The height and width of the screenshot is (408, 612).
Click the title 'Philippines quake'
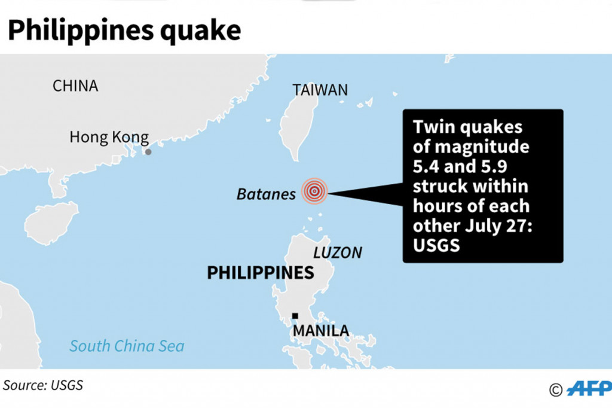click(x=124, y=31)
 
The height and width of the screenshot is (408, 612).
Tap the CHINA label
click(x=75, y=86)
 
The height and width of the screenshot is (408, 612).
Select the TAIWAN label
click(x=320, y=90)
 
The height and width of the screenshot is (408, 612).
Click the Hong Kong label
click(x=109, y=137)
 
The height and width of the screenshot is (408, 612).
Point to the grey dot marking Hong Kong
click(x=148, y=152)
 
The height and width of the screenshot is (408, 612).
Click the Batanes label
click(x=266, y=194)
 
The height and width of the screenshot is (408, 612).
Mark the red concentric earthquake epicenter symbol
click(x=314, y=191)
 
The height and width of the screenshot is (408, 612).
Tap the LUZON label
click(x=338, y=252)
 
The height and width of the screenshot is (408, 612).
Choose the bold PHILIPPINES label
click(x=260, y=273)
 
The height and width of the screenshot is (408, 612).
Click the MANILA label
click(x=321, y=330)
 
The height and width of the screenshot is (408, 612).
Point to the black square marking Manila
click(x=295, y=316)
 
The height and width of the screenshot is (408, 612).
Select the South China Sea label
click(x=127, y=346)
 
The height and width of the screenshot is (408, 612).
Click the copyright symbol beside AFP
click(x=556, y=390)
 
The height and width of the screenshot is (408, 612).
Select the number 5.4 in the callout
click(x=429, y=167)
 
